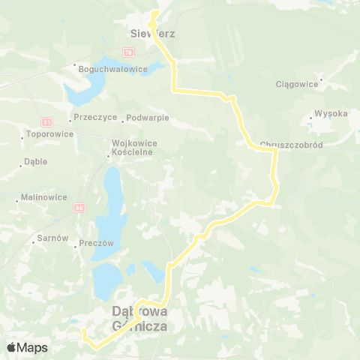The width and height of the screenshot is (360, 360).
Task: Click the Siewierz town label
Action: pos(141,34)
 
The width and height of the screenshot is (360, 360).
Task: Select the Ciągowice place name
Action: pos(298,85)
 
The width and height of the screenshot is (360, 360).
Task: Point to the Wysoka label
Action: pos(331,114)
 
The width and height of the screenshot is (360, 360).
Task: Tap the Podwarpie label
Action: pos(148,118)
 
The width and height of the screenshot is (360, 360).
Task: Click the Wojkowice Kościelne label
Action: pos(133,146)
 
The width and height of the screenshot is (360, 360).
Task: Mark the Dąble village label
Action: pos(36,161)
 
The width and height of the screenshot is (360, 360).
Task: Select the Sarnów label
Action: pos(53,238)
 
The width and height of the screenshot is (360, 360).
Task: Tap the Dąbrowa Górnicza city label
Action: pos(139,318)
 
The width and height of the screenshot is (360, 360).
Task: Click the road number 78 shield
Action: pos(128,53)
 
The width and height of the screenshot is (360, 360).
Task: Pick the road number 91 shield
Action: pos(47,121)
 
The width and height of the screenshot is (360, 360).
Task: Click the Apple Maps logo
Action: pos(27,348)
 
